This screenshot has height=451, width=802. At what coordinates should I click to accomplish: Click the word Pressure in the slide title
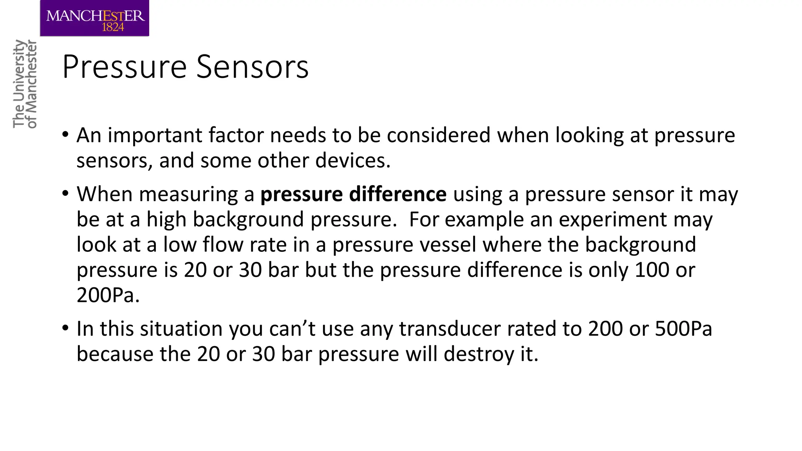tap(125, 67)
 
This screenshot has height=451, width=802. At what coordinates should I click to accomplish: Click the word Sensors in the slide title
tap(252, 67)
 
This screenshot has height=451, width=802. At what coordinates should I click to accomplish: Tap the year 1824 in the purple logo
tap(113, 27)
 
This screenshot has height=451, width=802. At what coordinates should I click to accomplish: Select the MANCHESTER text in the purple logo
tap(95, 16)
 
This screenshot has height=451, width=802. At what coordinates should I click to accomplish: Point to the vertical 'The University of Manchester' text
tap(24, 84)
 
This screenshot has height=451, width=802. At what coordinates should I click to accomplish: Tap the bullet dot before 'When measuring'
tap(65, 194)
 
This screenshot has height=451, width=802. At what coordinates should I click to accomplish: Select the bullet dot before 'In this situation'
tap(65, 328)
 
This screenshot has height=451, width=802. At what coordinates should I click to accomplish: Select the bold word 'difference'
tap(397, 194)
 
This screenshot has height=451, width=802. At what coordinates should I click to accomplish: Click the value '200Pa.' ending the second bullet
tap(108, 295)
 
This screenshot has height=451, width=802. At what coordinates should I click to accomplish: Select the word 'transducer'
tap(450, 329)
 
